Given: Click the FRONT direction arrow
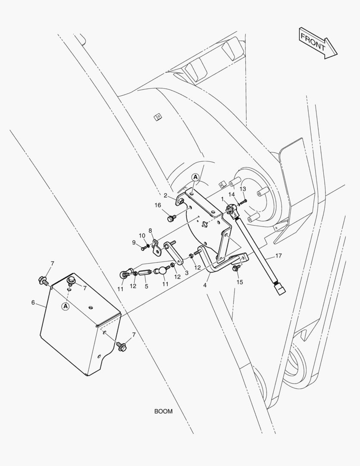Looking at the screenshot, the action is [x=318, y=43].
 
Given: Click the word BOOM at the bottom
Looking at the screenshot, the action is [x=163, y=411].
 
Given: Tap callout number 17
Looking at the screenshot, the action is [x=278, y=256].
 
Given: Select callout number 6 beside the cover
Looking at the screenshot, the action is [x=33, y=302].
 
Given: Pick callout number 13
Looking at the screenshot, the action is [x=243, y=189].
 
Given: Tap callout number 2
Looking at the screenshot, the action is [x=165, y=195].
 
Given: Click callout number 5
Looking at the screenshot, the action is [x=146, y=286].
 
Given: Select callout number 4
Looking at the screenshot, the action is [x=206, y=285].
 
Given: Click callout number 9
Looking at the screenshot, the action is [x=134, y=242].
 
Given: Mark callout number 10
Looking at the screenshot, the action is [x=142, y=236].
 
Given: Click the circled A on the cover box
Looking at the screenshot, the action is [x=66, y=306].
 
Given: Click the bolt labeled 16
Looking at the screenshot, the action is [x=170, y=218].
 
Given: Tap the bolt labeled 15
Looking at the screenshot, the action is [x=235, y=268].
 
